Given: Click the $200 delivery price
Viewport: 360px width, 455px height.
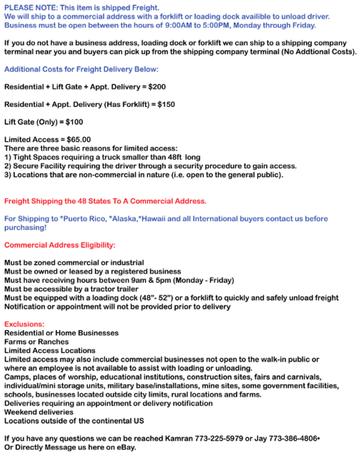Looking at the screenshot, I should click(x=157, y=86).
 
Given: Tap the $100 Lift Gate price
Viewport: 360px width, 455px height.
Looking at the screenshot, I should click(x=74, y=122).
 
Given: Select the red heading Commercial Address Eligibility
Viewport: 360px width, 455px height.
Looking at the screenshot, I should click(x=59, y=245).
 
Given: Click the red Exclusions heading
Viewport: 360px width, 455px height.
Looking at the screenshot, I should click(x=24, y=324).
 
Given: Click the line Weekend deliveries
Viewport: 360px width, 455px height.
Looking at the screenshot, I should click(x=39, y=412).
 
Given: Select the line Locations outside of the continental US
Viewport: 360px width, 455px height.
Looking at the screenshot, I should click(x=74, y=421).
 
